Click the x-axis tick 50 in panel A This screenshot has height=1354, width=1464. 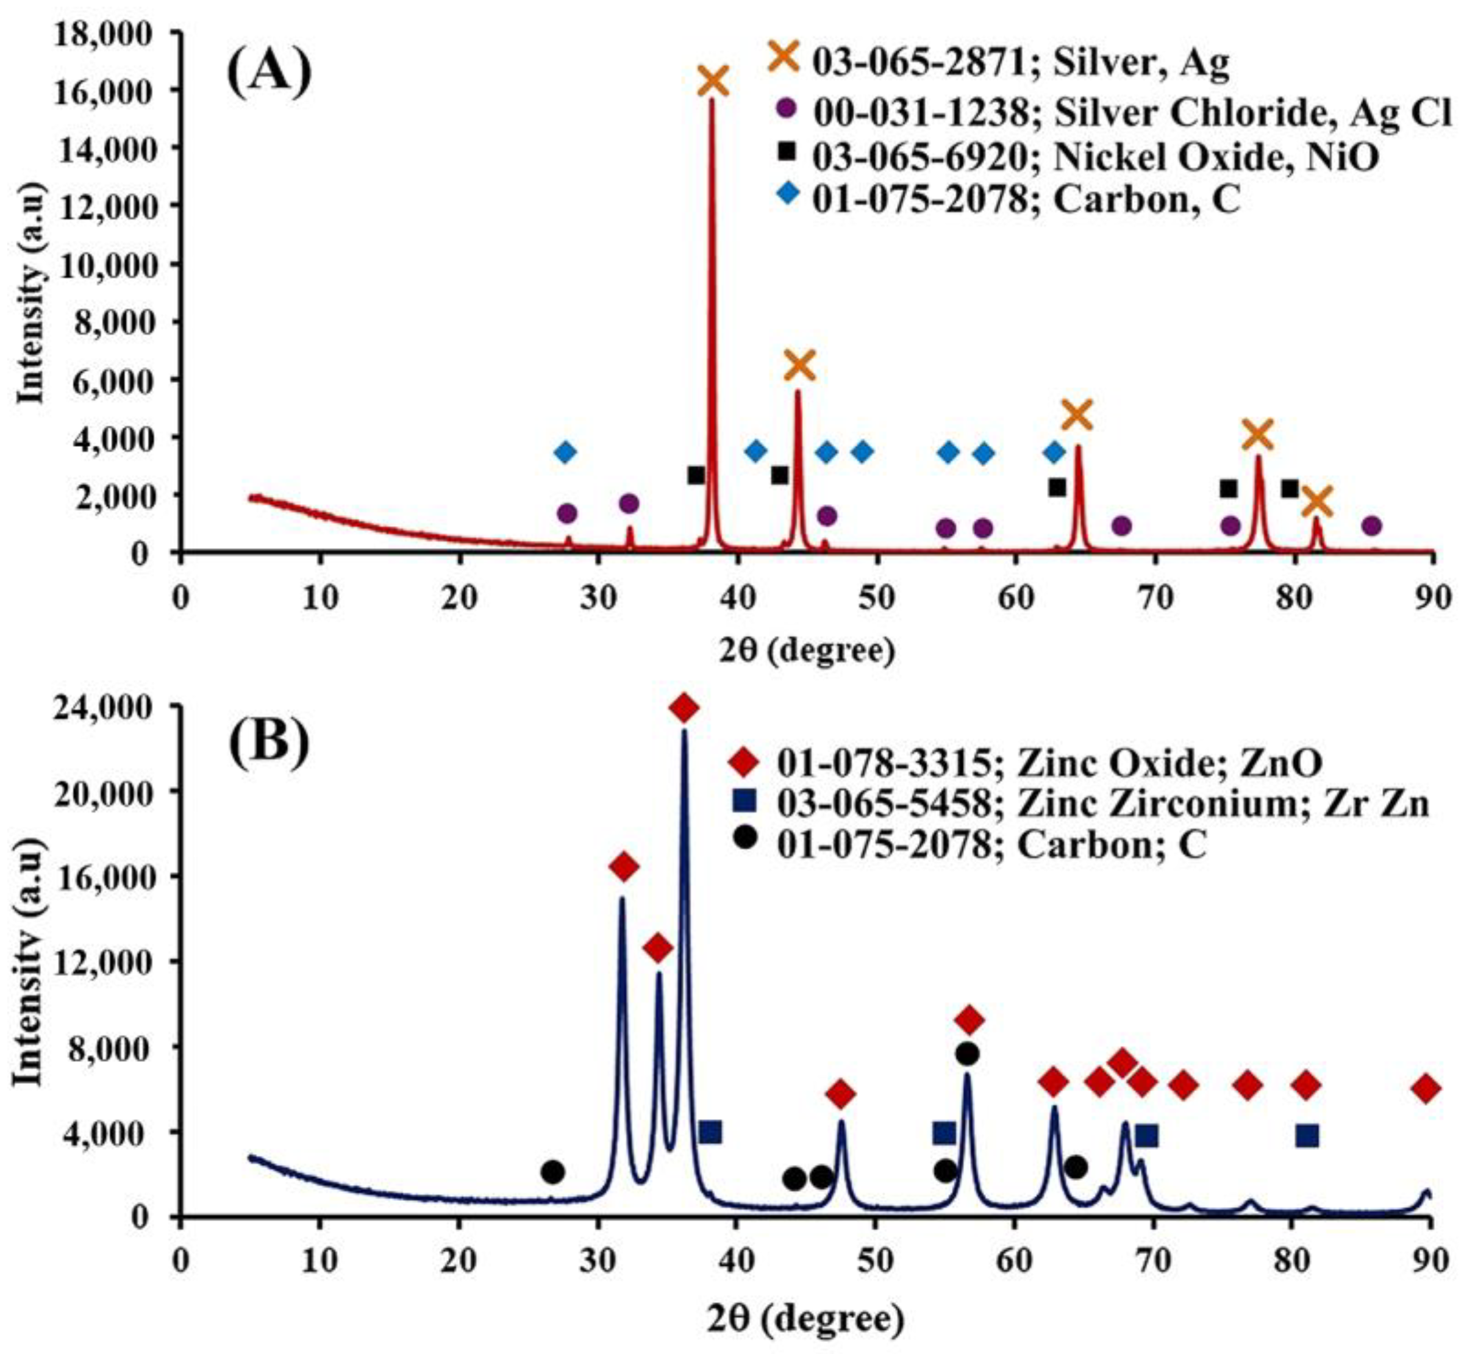tap(876, 599)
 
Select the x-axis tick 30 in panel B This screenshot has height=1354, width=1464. tap(599, 1262)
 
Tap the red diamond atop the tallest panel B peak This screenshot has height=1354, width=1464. tap(684, 708)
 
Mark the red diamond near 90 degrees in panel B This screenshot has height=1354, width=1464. tap(1426, 1089)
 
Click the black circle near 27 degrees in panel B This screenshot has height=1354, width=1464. tap(552, 1171)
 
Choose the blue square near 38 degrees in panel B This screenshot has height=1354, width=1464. tap(710, 1132)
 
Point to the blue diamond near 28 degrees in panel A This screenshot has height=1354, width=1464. tap(565, 452)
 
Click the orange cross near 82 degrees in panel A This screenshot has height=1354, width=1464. tap(1316, 502)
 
